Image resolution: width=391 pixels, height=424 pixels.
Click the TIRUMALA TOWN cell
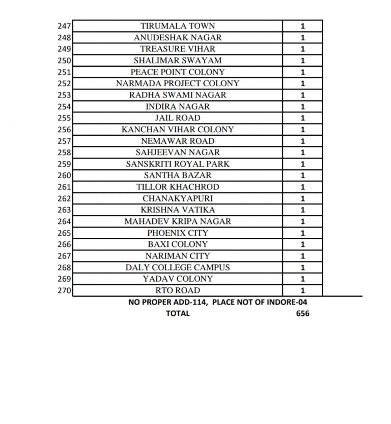pos(178,26)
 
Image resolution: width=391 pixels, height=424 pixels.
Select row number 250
pos(65,61)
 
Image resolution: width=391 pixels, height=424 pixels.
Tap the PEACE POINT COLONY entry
pos(178,72)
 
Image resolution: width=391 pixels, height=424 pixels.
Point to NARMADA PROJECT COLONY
pos(178,84)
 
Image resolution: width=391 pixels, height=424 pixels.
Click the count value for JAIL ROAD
pos(303,118)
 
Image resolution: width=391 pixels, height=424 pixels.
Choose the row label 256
pos(65,130)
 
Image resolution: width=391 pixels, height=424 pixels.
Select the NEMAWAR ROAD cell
pos(178,141)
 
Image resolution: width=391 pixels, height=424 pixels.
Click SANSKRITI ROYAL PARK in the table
pos(178,164)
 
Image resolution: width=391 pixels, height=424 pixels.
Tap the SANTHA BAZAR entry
pos(178,176)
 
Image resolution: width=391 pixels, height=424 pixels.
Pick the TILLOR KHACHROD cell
pos(178,187)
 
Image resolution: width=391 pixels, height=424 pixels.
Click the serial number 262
pos(65,198)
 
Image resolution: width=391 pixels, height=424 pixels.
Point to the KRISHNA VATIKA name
pos(178,210)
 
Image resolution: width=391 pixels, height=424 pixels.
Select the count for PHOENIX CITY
pos(303,233)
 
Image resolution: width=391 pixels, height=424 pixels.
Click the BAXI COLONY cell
pos(178,244)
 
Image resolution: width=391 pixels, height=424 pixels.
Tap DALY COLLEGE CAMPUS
pos(178,267)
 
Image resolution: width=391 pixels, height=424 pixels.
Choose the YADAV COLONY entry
pos(178,279)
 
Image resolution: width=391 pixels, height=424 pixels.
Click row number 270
pos(65,290)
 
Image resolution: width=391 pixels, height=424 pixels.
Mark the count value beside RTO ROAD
pos(303,291)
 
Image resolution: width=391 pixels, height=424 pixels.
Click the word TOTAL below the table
pos(178,313)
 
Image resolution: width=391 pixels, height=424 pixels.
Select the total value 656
pos(302,313)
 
